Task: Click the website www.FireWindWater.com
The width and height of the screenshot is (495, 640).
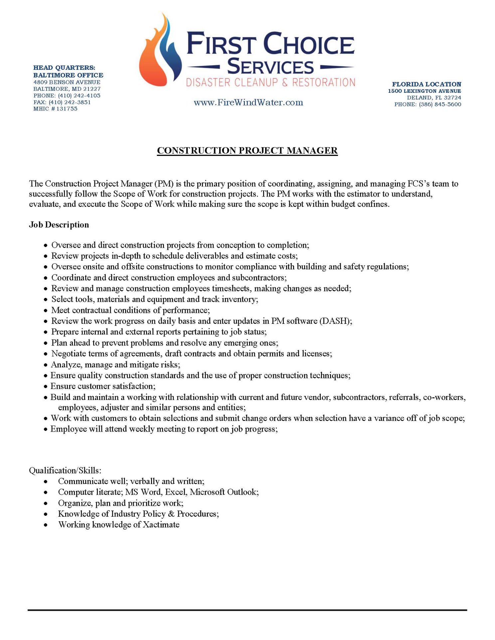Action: pos(248,102)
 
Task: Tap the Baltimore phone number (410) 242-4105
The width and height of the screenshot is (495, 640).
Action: pos(79,96)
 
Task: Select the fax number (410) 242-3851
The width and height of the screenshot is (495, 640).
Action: pos(70,102)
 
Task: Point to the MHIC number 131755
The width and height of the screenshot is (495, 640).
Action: pos(67,109)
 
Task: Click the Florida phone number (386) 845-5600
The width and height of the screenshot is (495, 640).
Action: pos(440,104)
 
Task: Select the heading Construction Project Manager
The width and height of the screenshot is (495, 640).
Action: pos(247,151)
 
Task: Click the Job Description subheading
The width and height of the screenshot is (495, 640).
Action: pos(59,225)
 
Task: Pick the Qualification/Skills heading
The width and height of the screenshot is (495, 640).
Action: pos(65,470)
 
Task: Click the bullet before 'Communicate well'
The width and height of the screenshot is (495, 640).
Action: pos(46,482)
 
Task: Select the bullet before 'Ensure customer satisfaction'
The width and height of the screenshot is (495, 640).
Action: pos(46,387)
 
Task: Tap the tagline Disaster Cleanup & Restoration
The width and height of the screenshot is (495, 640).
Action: pos(270,82)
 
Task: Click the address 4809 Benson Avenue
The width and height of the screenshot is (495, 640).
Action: pos(67,82)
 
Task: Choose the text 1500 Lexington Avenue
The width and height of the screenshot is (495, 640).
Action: pos(424,91)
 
